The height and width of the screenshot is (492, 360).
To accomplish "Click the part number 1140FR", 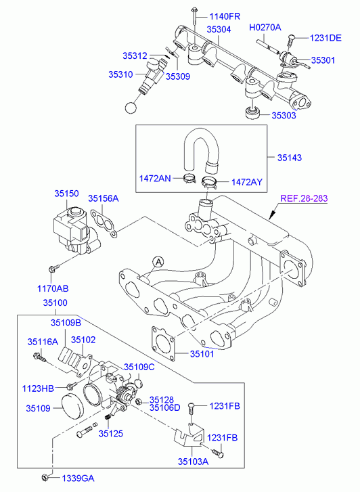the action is [225, 16].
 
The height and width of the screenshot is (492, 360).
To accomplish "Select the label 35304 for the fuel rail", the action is [219, 29].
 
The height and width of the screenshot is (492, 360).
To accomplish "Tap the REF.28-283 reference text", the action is [304, 198].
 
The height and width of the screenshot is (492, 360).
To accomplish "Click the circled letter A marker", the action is [158, 262].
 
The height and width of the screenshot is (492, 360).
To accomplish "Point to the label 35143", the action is [290, 158].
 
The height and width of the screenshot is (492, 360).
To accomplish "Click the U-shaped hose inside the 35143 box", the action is [201, 138].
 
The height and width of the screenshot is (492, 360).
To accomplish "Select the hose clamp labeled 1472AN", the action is [189, 179].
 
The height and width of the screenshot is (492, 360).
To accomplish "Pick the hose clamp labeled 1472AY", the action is [208, 182].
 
